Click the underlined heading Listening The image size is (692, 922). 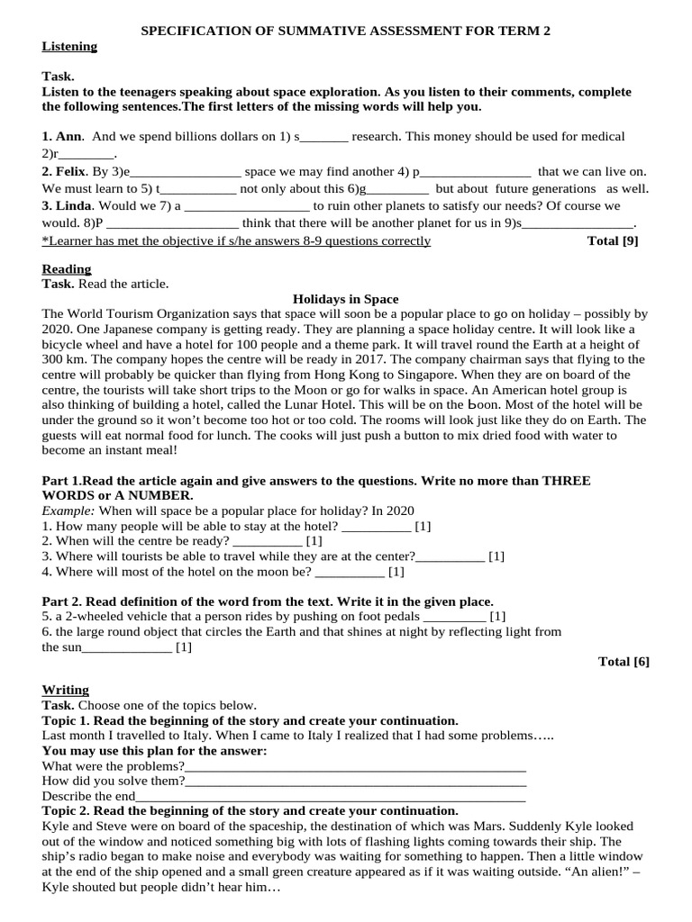[x=69, y=47]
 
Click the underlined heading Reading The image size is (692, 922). [x=67, y=269]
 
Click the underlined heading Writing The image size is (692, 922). [x=66, y=691]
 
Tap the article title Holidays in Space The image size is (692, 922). [x=346, y=299]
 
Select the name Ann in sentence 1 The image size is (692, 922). [x=68, y=137]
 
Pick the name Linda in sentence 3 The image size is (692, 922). [x=74, y=206]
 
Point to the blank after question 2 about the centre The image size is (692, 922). [x=268, y=542]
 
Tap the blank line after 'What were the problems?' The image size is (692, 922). [x=356, y=767]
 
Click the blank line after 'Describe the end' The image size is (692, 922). [x=331, y=797]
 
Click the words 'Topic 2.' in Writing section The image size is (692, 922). [x=66, y=811]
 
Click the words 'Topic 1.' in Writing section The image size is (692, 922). [x=66, y=721]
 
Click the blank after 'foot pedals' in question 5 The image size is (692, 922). [x=453, y=618]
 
